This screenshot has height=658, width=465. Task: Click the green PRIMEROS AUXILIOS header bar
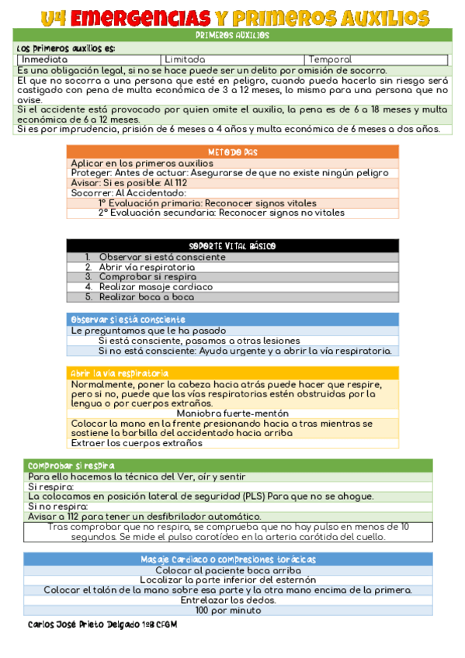tap(232, 35)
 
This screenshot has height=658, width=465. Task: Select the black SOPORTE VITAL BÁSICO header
tap(232, 246)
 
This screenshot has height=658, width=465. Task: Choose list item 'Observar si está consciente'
tap(162, 257)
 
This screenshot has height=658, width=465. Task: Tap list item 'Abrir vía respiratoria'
tap(147, 267)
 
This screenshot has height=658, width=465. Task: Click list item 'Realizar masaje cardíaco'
tap(155, 286)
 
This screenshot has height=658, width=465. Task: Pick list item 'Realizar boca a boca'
tap(147, 296)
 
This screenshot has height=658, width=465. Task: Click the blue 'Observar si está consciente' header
tap(129, 320)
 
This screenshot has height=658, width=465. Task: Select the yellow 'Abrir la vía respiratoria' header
tap(120, 373)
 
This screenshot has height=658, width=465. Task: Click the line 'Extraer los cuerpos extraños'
tap(137, 444)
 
